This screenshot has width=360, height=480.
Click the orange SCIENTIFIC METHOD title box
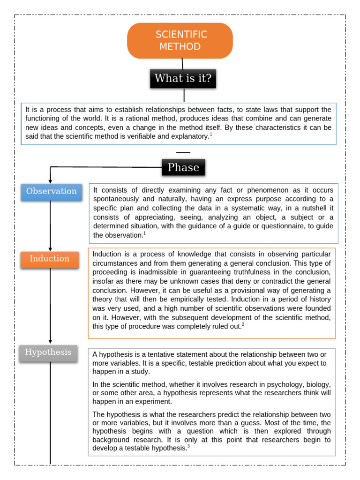180,41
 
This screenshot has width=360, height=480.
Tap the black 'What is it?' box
183,78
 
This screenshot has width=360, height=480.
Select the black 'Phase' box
183,167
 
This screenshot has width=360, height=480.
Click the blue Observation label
51,191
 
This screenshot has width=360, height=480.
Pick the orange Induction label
49,259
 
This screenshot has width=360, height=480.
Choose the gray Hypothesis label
48,352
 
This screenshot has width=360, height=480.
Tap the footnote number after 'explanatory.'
211,135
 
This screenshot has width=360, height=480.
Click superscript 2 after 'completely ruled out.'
243,324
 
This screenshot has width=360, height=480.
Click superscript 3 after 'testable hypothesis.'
188,446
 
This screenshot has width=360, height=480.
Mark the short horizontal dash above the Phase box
183,153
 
